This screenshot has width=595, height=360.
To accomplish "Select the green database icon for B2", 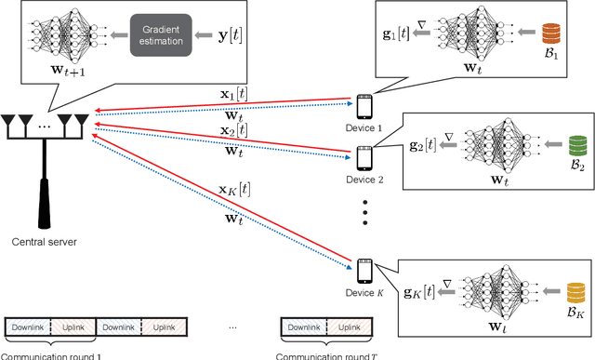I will pos(552,150).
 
